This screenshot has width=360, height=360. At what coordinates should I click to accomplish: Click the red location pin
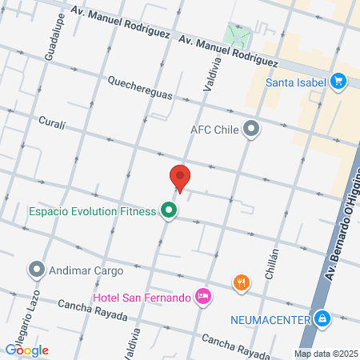180,178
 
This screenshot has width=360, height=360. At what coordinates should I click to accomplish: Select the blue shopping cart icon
338,81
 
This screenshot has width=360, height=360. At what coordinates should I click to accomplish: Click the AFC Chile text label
215,129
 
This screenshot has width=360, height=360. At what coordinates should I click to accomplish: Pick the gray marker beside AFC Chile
251,129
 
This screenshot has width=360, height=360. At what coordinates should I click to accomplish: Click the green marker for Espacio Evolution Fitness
168,211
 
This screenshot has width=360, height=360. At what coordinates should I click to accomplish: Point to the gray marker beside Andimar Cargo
37,270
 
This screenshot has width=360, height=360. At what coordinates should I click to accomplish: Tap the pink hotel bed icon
203,297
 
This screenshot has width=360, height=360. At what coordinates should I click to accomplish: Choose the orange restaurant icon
240,282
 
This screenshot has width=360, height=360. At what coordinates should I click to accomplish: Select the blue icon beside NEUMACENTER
322,319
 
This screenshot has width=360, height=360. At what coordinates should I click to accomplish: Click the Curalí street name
51,124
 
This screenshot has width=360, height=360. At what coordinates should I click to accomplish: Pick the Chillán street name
272,261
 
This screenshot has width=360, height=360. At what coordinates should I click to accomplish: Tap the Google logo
26,350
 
